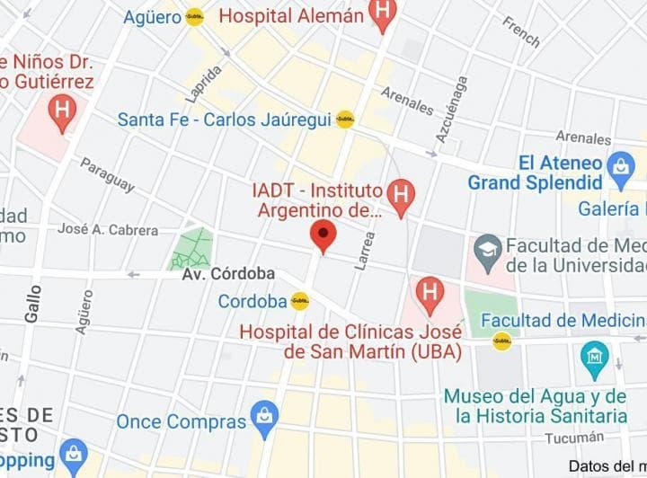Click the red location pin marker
tap(323, 236)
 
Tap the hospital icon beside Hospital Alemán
tap(384, 14)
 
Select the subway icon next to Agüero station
tap(195, 16)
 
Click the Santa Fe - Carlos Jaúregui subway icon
tap(345, 119)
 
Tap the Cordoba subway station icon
tap(300, 302)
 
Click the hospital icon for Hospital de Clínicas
tap(430, 292)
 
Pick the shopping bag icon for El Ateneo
tap(620, 166)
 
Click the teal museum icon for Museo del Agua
tap(594, 355)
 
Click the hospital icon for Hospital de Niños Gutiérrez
tap(62, 112)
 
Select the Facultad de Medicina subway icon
tap(502, 341)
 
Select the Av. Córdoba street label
tap(229, 274)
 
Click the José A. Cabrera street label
tap(108, 230)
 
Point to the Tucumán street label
tap(574, 438)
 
